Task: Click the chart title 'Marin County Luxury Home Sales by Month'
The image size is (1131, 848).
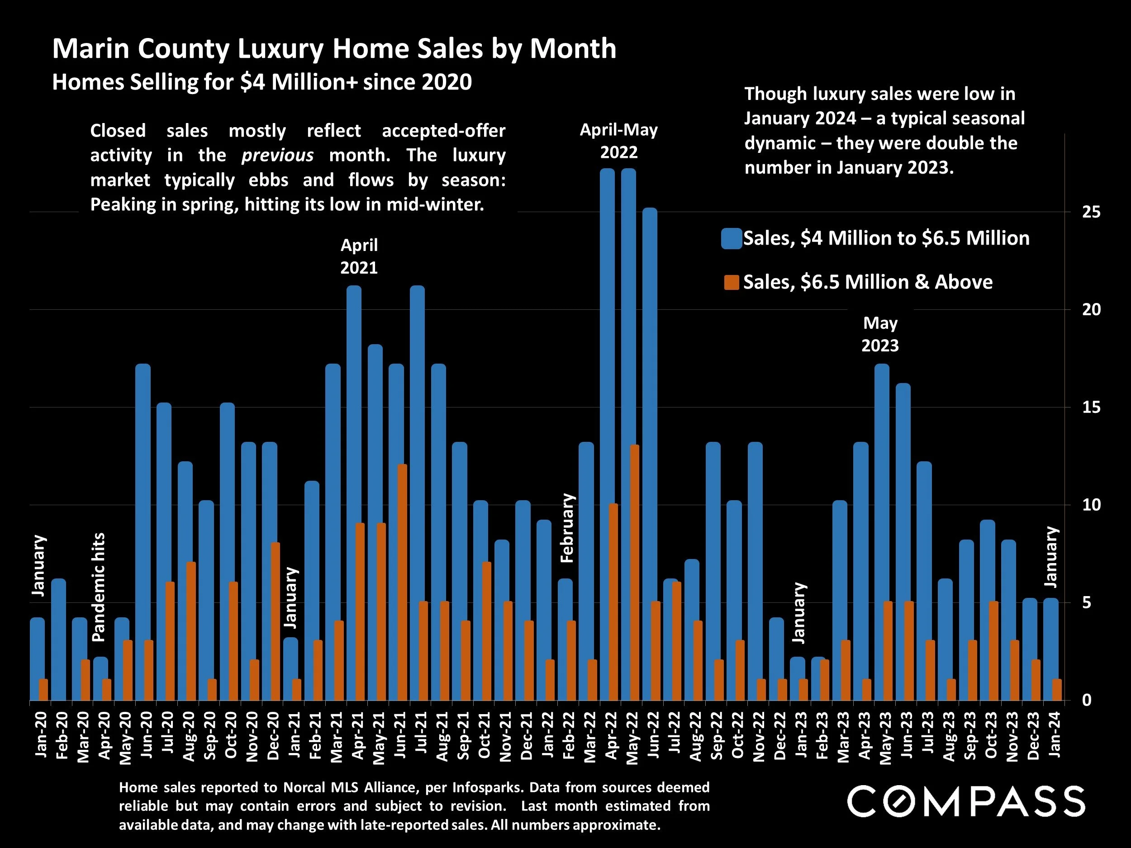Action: click(334, 49)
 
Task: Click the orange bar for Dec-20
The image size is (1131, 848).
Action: click(276, 621)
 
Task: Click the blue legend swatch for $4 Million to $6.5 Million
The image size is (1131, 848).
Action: click(731, 239)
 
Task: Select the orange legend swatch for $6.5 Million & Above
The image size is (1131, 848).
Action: click(731, 283)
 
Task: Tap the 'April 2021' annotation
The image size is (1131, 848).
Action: click(359, 256)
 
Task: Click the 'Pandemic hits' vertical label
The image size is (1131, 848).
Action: click(98, 587)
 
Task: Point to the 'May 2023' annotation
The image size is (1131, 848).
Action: click(880, 334)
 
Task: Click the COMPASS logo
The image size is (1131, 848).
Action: click(966, 802)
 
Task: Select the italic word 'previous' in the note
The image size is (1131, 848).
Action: click(277, 156)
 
